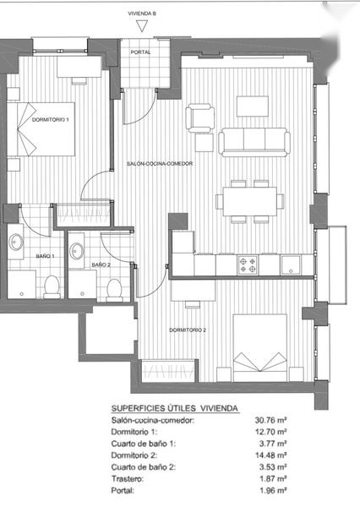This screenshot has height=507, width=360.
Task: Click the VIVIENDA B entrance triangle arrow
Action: [142, 26]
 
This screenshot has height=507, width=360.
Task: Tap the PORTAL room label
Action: [140, 52]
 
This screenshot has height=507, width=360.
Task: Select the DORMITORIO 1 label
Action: [51, 120]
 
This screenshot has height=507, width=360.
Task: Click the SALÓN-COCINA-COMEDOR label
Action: [160, 164]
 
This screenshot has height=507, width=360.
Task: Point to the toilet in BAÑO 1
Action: [52, 286]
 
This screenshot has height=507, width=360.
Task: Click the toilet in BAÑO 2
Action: [114, 289]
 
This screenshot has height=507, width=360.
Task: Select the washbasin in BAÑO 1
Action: [15, 243]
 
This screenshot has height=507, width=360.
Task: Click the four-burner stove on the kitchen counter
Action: [248, 264]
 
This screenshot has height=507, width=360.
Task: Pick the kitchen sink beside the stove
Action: [291, 265]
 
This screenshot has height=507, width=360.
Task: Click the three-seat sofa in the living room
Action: [254, 142]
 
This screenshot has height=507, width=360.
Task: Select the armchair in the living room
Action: [200, 117]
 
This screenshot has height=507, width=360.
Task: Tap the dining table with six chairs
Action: [249, 201]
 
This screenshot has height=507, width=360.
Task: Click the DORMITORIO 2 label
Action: [188, 330]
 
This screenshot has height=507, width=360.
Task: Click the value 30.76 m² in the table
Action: [271, 420]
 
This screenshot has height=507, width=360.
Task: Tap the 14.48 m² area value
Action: [271, 455]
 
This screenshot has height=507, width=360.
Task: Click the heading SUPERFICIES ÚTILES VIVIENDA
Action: [175, 408]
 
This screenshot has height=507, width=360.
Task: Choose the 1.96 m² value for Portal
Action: [273, 490]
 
